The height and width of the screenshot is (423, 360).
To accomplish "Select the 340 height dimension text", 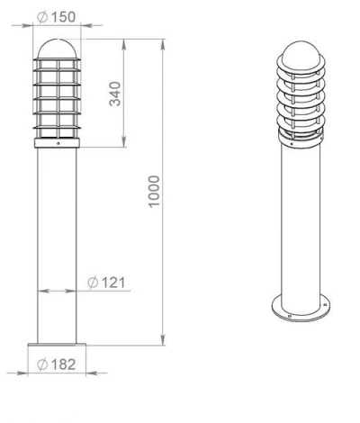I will pos(115,93).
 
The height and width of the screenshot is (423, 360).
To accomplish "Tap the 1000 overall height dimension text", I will pos(156,192).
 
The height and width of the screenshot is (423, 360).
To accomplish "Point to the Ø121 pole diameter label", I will pos(107,283).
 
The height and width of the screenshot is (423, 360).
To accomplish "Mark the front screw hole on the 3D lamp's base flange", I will pos(289,317).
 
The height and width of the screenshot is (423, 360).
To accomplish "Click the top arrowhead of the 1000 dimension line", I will pos(162,42).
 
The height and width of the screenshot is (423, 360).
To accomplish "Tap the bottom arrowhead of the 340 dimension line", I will pos(123,145).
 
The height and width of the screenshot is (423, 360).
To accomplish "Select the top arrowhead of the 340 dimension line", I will pos(123,42).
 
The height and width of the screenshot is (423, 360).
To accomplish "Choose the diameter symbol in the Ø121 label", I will pos(93,283).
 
